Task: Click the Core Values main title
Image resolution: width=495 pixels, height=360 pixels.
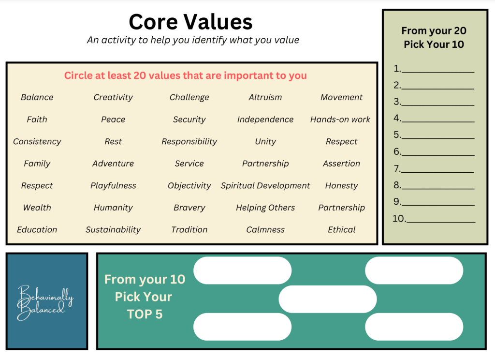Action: (x=190, y=22)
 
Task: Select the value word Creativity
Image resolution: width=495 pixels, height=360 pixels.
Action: (x=113, y=97)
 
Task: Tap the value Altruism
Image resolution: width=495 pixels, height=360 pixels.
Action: (x=265, y=97)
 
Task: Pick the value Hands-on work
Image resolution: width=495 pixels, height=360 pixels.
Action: (x=340, y=120)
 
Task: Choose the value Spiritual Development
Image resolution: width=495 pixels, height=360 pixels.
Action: (x=265, y=186)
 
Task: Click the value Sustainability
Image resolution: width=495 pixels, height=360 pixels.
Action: (x=113, y=230)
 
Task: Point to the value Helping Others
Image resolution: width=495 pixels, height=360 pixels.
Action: (x=265, y=208)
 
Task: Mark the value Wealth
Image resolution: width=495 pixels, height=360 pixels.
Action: (x=37, y=208)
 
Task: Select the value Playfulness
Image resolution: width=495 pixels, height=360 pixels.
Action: (x=113, y=186)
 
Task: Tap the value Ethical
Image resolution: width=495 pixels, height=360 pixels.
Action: (x=341, y=230)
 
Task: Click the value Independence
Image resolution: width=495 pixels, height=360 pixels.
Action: (x=265, y=120)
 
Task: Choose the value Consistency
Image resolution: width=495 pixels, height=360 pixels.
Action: (x=37, y=142)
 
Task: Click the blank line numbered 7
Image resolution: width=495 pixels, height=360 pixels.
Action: (x=437, y=169)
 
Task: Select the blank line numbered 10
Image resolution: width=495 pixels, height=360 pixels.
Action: (x=440, y=219)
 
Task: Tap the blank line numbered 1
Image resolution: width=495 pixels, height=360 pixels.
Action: (x=437, y=70)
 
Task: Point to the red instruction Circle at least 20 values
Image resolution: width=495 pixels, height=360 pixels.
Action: (x=186, y=75)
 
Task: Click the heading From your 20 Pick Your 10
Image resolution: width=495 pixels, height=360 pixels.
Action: (x=434, y=38)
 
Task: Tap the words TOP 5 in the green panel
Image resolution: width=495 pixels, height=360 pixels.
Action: (x=145, y=315)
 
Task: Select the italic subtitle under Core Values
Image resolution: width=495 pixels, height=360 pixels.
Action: (x=193, y=40)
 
